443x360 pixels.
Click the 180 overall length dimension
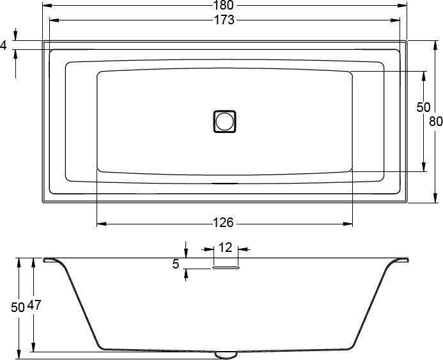click(x=223, y=5)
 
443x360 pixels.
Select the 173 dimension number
click(x=224, y=20)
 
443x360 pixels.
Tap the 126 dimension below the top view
click(x=223, y=223)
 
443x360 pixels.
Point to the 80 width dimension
click(x=436, y=121)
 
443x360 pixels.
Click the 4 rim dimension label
click(x=3, y=45)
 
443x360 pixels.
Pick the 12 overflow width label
click(x=226, y=247)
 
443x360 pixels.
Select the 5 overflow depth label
click(x=176, y=264)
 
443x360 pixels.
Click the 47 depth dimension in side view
click(x=34, y=305)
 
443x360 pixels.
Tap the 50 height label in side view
click(x=17, y=308)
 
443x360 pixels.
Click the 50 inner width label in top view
click(x=424, y=107)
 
